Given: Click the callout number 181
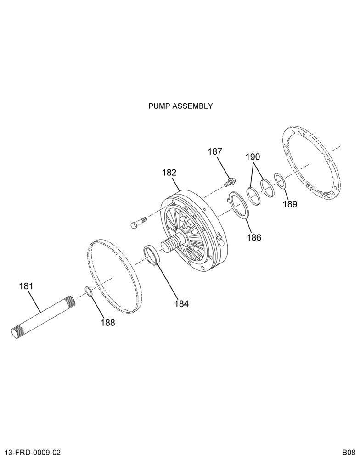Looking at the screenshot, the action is pos(26,286).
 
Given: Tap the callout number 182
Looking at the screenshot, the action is pos(169,173).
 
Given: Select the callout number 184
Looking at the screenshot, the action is pos(182,304).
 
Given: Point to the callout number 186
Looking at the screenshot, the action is pos(253,237).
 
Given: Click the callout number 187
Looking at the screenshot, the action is pos(215,151).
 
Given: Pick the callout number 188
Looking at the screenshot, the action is pos(108,323).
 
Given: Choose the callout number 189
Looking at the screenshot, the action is pos(290,204).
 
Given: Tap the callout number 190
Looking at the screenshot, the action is pos(253,157).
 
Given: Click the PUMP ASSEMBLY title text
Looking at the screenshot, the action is pos(180,106).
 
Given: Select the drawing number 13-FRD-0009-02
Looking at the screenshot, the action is pos(33,453).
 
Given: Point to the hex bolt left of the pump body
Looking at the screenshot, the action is pos(138,223).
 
